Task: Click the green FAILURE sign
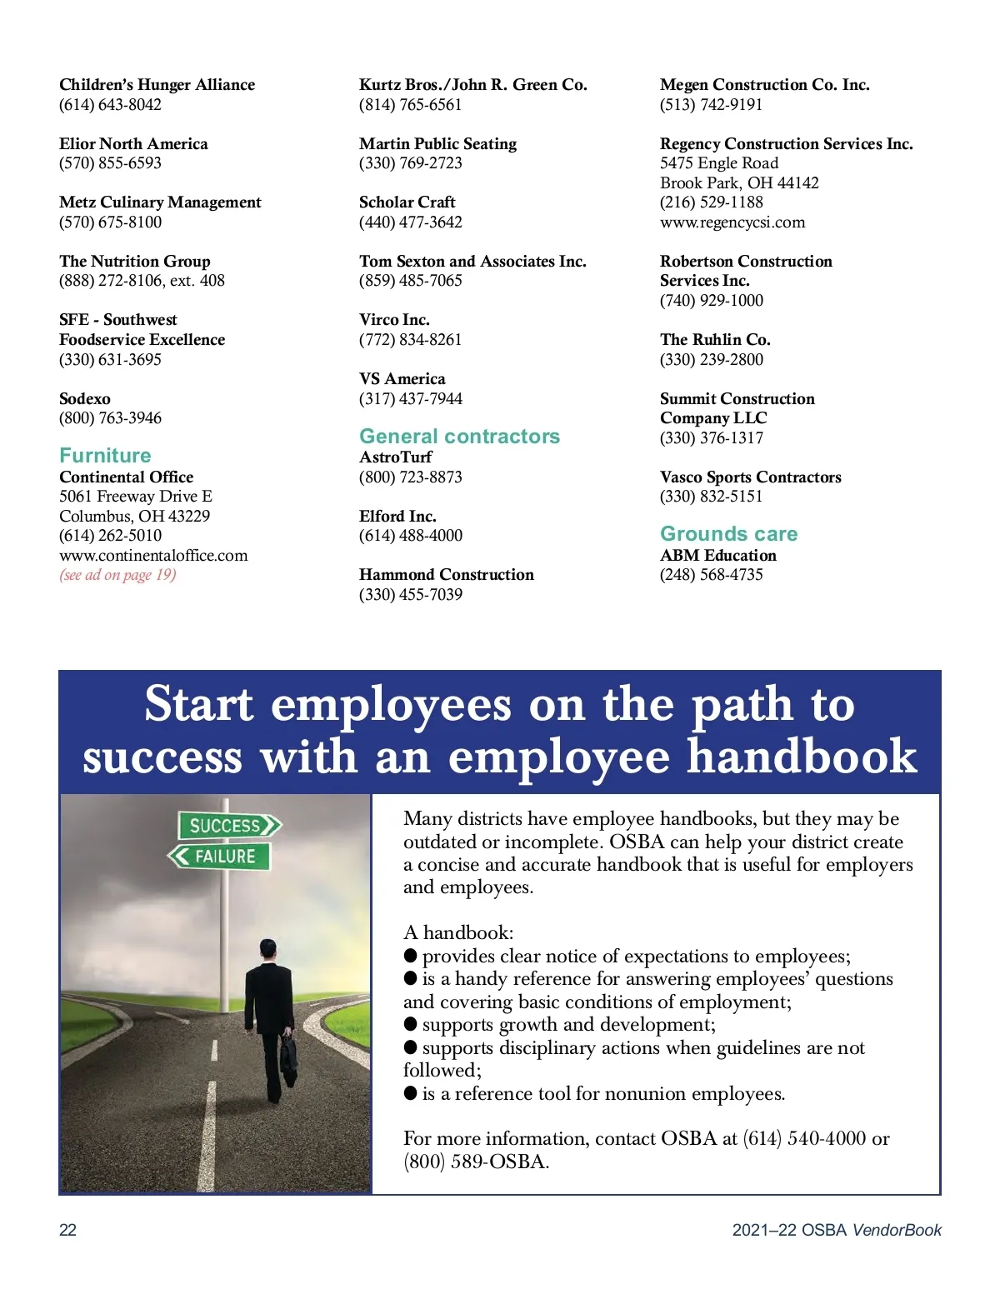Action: (220, 856)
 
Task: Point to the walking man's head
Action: (267, 949)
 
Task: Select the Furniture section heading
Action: (105, 456)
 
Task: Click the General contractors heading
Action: (459, 437)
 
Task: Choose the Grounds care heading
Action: (728, 534)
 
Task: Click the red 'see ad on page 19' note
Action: (117, 575)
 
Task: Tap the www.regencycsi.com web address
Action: (732, 222)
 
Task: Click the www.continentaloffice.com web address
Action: (153, 556)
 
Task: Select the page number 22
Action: (67, 1230)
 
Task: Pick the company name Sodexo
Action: (85, 399)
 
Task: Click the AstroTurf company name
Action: (395, 457)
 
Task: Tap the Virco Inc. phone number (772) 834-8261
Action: (410, 340)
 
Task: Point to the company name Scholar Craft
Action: (407, 202)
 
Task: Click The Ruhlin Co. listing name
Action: (715, 340)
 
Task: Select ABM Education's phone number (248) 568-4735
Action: (711, 575)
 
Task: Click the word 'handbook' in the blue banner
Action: (802, 757)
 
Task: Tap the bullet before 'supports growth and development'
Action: (410, 1024)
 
